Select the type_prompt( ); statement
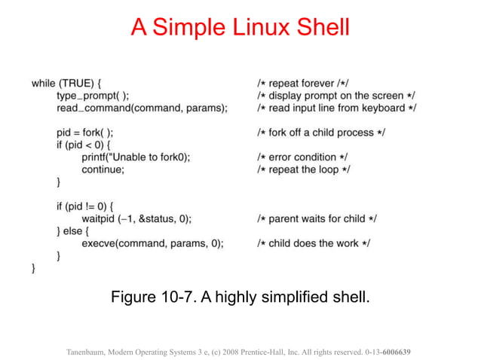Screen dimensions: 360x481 [x=93, y=96]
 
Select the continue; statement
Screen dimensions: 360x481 [x=103, y=169]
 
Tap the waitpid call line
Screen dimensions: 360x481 [x=136, y=218]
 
